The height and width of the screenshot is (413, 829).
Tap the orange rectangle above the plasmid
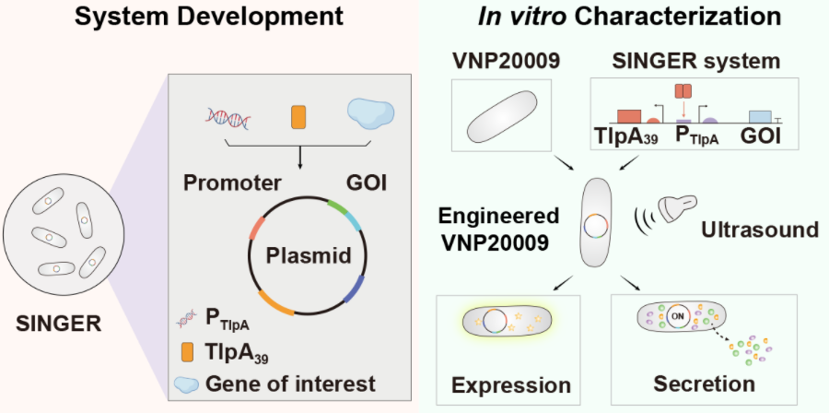(x=298, y=117)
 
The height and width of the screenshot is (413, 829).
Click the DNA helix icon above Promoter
(x=227, y=116)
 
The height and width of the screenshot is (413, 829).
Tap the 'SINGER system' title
(x=699, y=62)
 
